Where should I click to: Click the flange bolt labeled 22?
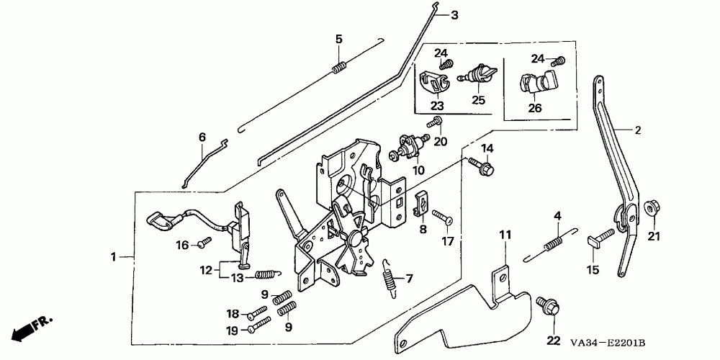(x=549, y=307)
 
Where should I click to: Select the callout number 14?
(x=487, y=148)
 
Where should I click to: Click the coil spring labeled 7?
(x=390, y=279)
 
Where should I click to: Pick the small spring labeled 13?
(x=268, y=274)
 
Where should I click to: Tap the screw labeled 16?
(x=204, y=242)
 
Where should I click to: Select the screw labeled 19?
(x=258, y=325)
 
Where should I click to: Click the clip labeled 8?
(x=421, y=202)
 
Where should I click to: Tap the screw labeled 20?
(x=434, y=122)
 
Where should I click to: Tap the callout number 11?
(x=505, y=235)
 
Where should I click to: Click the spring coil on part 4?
(x=553, y=243)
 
